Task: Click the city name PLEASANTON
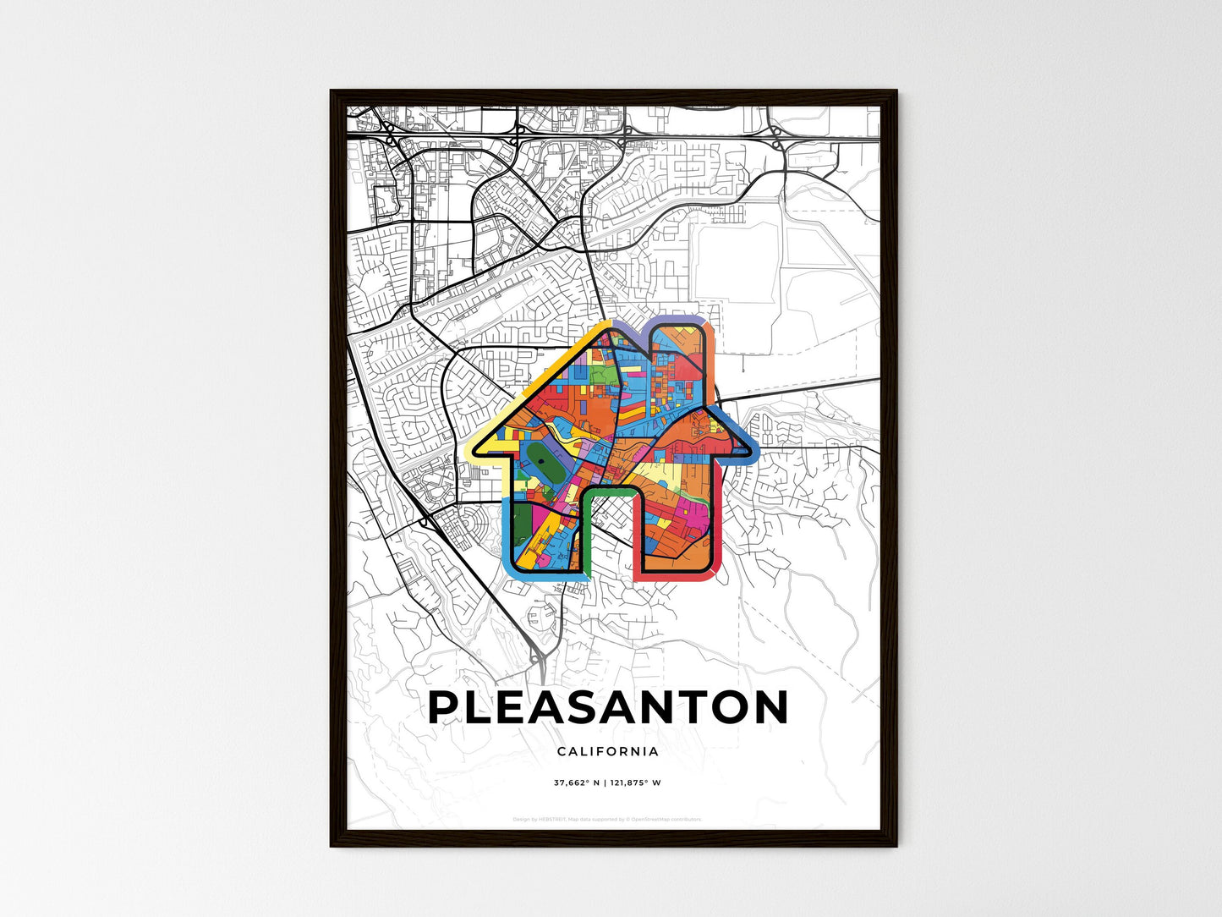608,708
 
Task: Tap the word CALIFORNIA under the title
608,751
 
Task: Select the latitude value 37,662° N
576,783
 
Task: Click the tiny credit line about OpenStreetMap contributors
608,819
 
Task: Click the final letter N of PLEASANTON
770,708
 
